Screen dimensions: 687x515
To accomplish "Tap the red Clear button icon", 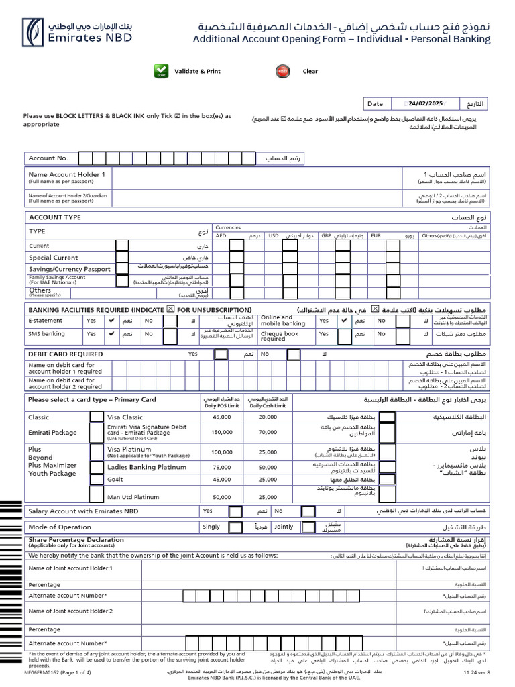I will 282,72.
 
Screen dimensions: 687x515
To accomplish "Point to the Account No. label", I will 48,158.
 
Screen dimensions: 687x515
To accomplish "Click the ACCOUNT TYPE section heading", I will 54,217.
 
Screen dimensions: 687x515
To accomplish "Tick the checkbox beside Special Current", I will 121,258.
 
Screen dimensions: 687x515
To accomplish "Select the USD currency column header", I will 274,236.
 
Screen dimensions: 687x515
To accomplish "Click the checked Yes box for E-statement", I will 111,321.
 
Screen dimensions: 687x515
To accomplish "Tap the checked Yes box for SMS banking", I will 111,334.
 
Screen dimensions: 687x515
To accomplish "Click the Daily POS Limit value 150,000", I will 221,433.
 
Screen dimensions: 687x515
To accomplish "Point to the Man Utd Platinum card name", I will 134,497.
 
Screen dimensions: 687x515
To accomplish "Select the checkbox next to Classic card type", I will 97,417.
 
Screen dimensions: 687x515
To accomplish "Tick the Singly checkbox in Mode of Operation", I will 235,527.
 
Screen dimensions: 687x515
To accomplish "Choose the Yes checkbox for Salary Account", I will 235,511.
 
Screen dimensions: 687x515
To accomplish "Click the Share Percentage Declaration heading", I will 76,540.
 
